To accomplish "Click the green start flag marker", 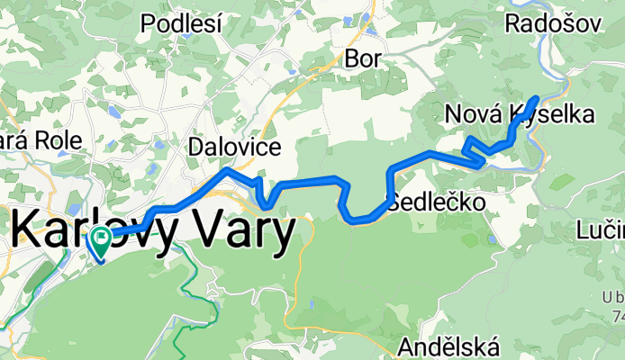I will (100, 239).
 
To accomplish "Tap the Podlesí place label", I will (180, 24).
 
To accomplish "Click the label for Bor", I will (364, 58).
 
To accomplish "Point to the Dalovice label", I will (233, 146).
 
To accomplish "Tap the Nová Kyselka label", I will (520, 114).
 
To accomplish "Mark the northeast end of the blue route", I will (537, 97).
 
